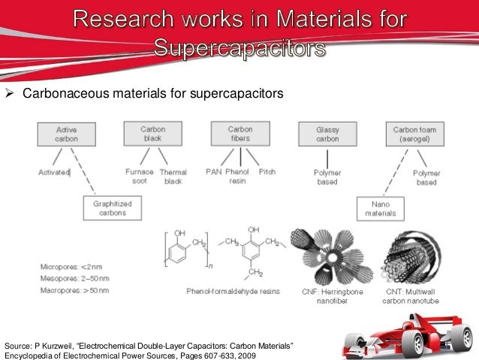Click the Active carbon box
click(66, 134)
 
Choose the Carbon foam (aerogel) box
click(415, 134)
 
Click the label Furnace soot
click(139, 176)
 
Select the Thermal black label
click(173, 176)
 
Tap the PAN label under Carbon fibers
click(214, 171)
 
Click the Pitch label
click(267, 171)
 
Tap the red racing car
click(408, 331)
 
